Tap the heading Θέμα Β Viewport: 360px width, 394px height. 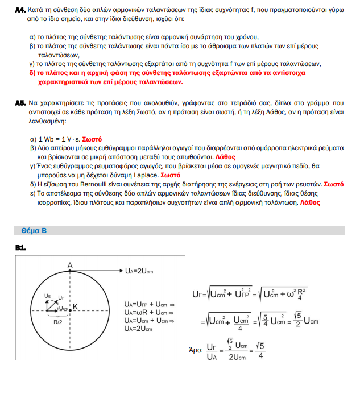34,231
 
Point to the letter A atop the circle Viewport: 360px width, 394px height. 69,265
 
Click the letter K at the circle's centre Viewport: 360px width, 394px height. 75,306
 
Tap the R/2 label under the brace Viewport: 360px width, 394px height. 57,322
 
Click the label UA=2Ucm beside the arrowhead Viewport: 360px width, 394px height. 138,271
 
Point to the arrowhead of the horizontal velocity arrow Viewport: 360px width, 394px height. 119,271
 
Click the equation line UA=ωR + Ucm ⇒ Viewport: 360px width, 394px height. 147,312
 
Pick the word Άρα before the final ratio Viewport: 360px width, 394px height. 195,351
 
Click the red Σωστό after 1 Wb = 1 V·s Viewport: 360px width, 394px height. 93,139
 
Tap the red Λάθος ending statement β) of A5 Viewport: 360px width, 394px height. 225,156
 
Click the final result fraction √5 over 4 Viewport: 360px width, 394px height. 260,350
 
